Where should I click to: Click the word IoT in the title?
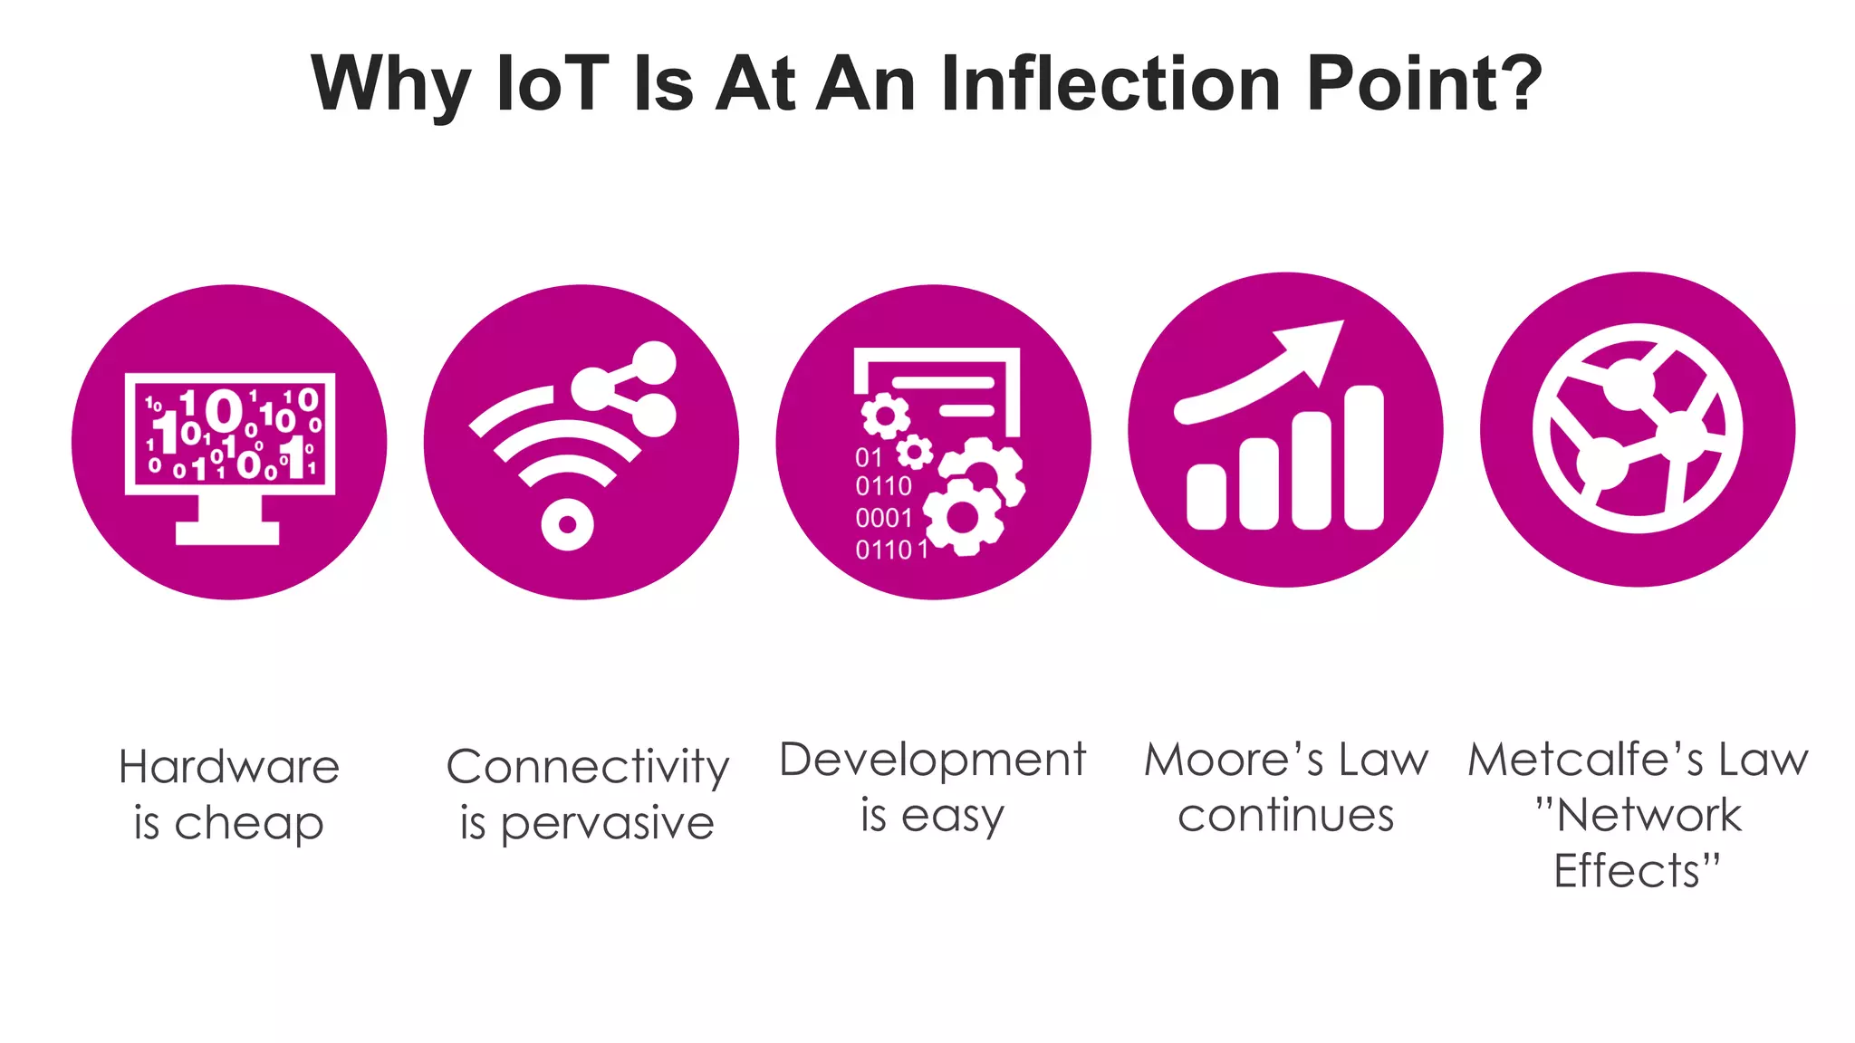[x=553, y=83]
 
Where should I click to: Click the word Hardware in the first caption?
[x=229, y=767]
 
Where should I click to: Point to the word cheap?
[x=248, y=825]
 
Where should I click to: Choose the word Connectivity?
[x=587, y=767]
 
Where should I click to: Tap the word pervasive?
[x=607, y=825]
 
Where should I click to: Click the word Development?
[x=932, y=760]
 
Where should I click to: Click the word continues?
[x=1285, y=816]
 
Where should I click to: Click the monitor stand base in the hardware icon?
[x=227, y=532]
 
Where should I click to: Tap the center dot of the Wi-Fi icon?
[x=567, y=524]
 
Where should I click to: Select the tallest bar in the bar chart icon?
[x=1364, y=457]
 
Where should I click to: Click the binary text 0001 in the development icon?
[x=883, y=518]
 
